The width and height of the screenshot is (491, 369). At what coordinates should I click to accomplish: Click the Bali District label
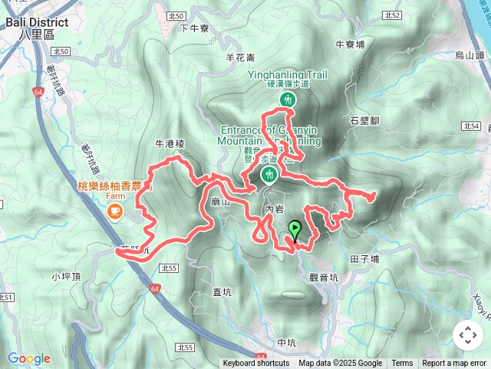click(36, 22)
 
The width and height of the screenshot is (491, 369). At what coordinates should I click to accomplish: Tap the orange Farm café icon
click(115, 211)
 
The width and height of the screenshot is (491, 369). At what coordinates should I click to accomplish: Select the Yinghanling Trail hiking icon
click(288, 101)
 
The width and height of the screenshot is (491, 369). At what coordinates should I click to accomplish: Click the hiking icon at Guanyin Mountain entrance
click(269, 176)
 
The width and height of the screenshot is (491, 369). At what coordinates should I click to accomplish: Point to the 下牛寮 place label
click(194, 28)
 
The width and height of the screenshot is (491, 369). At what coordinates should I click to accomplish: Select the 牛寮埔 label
click(351, 45)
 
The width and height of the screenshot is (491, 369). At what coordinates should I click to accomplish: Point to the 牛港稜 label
click(170, 143)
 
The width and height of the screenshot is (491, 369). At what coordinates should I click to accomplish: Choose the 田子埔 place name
click(364, 259)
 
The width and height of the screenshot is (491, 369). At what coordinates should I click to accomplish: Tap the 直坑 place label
click(222, 291)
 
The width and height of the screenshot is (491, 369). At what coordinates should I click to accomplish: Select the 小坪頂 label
click(65, 275)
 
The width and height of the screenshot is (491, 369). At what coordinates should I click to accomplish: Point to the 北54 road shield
click(472, 125)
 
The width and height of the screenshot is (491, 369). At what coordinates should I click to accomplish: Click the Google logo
click(29, 358)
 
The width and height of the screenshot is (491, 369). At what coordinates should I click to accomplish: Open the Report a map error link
click(454, 364)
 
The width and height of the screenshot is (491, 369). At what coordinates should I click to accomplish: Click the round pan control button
click(467, 335)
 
